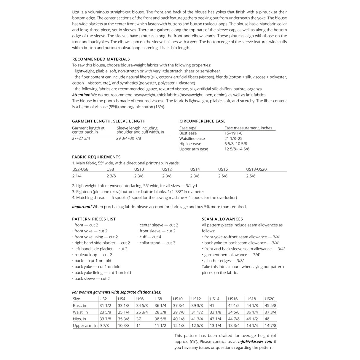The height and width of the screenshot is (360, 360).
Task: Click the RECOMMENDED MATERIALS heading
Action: pos(101,59)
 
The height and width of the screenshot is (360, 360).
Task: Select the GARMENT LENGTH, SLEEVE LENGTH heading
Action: pos(109,121)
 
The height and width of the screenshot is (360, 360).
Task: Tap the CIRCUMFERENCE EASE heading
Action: pos(202,121)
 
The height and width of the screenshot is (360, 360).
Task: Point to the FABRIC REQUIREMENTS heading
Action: pos(96,157)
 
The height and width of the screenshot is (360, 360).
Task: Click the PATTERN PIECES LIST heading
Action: pos(94,219)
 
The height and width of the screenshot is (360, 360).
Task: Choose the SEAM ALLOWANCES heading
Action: pos(222,219)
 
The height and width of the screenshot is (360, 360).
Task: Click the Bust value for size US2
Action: pos(105,305)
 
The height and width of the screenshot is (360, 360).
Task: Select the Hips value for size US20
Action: pos(267,319)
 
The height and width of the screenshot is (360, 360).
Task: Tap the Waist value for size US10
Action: pos(179,312)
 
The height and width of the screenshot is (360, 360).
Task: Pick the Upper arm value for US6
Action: pos(138,326)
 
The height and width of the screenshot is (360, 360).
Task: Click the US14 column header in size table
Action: pos(214,299)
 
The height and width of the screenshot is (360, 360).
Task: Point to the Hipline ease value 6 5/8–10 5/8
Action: pos(236,144)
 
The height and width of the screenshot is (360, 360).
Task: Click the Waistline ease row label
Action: pos(192,139)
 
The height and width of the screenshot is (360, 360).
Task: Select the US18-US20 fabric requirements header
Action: pos(256,169)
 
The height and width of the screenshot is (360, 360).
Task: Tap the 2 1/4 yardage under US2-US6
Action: pos(77,176)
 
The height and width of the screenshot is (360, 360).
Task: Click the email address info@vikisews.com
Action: pos(255,342)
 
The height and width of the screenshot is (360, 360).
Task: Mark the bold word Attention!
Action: pos(81,95)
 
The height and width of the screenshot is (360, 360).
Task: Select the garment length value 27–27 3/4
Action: pos(81,138)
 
